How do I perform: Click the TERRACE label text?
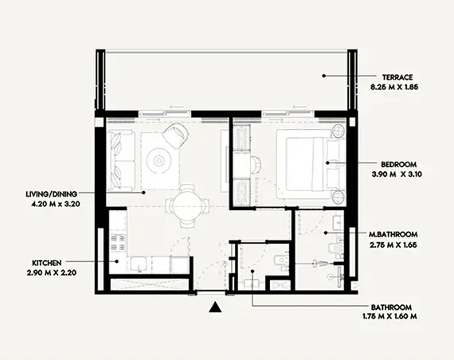point(397,77)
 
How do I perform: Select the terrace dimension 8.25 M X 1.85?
point(394,87)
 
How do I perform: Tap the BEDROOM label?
point(399,165)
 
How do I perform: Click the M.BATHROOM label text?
point(393,234)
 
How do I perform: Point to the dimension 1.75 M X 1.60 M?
point(389,316)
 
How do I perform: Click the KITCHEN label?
point(47,263)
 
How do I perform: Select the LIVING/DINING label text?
point(52,194)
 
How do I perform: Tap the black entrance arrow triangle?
point(215,307)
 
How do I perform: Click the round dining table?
point(187,206)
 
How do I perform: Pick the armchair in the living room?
point(176,135)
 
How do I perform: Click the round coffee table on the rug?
point(158,160)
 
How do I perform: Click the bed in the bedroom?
point(307,164)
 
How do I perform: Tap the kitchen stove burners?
point(118,243)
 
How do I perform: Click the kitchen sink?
point(138,264)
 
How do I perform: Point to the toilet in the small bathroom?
point(280,260)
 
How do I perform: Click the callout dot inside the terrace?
point(323,76)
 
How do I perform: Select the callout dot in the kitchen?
point(116,261)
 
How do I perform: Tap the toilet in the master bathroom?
point(336,248)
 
